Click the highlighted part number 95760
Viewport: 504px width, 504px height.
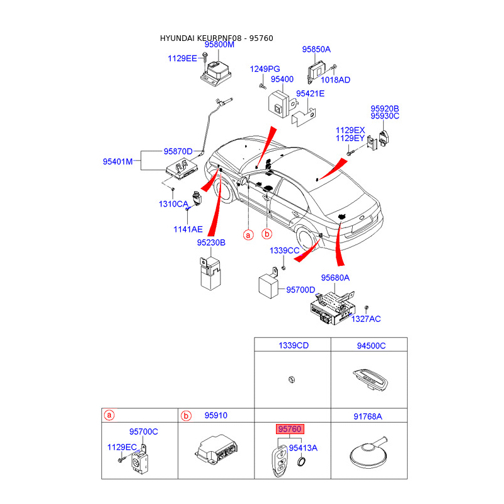pyautogui.click(x=290, y=429)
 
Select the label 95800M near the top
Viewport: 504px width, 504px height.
pyautogui.click(x=219, y=45)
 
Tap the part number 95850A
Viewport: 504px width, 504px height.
pyautogui.click(x=316, y=49)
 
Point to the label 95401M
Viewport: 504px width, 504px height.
pyautogui.click(x=118, y=161)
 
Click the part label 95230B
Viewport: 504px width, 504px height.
pyautogui.click(x=211, y=243)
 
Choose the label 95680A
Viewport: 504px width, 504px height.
pyautogui.click(x=335, y=278)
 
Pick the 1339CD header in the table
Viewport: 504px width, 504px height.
pyautogui.click(x=294, y=345)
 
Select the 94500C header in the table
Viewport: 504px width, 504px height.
pyautogui.click(x=371, y=346)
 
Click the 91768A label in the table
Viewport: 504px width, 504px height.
pyautogui.click(x=368, y=416)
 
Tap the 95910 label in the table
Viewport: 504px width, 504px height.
pyautogui.click(x=216, y=415)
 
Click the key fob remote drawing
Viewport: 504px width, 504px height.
pyautogui.click(x=279, y=461)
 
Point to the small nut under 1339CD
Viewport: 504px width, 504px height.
pyautogui.click(x=292, y=380)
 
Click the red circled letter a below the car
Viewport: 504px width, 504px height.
pyautogui.click(x=248, y=235)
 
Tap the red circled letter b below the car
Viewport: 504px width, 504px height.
pyautogui.click(x=266, y=234)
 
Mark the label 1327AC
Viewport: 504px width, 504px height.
pyautogui.click(x=366, y=319)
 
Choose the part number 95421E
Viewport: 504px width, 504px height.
pyautogui.click(x=310, y=93)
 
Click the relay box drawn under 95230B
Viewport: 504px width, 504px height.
pyautogui.click(x=210, y=273)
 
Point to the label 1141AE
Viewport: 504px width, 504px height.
pyautogui.click(x=188, y=229)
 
